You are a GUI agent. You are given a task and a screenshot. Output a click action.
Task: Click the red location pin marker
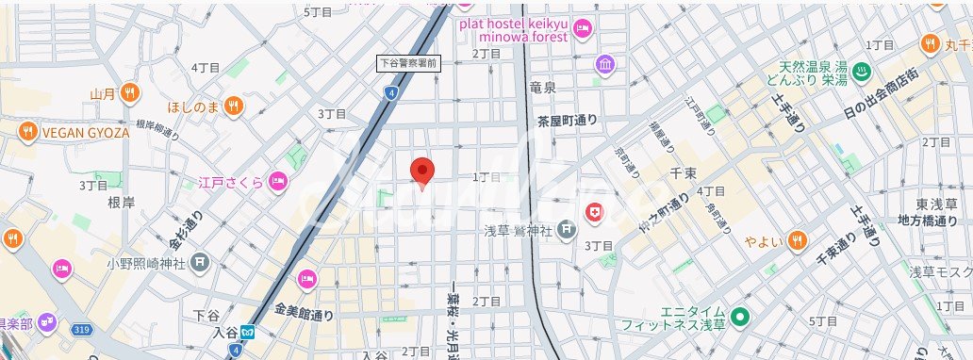[x=423, y=172]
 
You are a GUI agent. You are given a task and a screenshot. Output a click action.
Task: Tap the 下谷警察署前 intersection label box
[x=406, y=63]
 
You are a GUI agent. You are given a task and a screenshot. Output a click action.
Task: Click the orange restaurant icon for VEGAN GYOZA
[x=28, y=132]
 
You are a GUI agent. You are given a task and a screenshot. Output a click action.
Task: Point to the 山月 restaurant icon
[x=130, y=92]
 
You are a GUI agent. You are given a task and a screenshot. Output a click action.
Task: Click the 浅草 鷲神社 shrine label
[x=517, y=228]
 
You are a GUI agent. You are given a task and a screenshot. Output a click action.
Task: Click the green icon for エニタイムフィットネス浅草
[x=741, y=317]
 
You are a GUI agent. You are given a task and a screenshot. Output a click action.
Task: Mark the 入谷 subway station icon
[x=248, y=331]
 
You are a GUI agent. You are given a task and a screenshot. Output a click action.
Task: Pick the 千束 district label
[x=681, y=172]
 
